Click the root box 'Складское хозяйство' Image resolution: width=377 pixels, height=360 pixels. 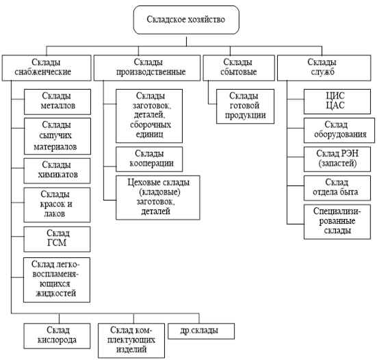click(x=186, y=20)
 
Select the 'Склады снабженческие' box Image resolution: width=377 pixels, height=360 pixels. click(x=47, y=68)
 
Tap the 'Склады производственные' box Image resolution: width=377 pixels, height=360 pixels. click(x=147, y=68)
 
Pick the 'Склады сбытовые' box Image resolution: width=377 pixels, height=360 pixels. click(x=239, y=68)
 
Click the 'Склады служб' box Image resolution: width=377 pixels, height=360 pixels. click(x=324, y=68)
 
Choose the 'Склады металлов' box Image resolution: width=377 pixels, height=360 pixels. click(x=57, y=102)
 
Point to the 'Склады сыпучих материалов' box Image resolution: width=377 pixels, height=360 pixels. click(x=57, y=136)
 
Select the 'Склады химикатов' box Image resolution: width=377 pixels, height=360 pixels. click(x=57, y=170)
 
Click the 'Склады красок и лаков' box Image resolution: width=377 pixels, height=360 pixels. click(x=57, y=205)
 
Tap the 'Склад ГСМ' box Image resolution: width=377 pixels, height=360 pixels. click(x=57, y=240)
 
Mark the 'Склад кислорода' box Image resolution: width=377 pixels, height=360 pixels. click(x=57, y=336)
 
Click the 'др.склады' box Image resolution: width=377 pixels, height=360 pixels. click(x=201, y=331)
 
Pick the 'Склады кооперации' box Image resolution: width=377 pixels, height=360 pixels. click(x=149, y=159)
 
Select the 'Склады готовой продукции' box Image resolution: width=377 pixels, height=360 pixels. click(x=245, y=107)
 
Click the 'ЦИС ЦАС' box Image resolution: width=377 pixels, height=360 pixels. click(x=337, y=101)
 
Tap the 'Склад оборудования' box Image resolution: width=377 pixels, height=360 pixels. click(x=339, y=130)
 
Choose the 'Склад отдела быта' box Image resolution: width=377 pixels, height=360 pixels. click(x=337, y=188)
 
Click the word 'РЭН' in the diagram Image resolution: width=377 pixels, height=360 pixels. click(x=350, y=153)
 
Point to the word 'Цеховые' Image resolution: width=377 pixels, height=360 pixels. click(x=143, y=183)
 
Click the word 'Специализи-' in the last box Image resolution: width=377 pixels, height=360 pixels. click(x=337, y=211)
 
